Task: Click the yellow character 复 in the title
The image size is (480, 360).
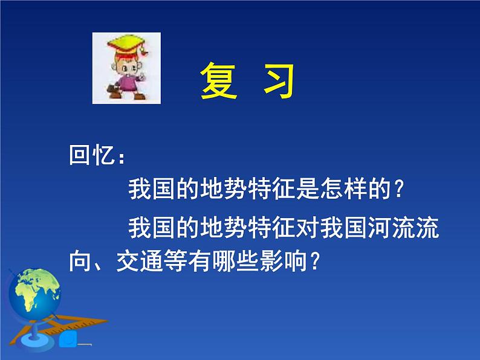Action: click(x=219, y=81)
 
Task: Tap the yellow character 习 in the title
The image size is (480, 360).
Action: click(x=279, y=81)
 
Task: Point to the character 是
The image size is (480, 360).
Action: click(x=308, y=188)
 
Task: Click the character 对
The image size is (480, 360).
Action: click(x=308, y=228)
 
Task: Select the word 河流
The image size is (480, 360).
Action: click(x=392, y=228)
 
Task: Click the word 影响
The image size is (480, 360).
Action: click(x=284, y=261)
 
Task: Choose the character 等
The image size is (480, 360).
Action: click(x=175, y=261)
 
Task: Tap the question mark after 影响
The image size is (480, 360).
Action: click(x=314, y=262)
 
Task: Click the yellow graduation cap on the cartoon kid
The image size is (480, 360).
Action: click(x=128, y=43)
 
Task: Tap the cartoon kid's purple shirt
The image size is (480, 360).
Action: click(x=128, y=83)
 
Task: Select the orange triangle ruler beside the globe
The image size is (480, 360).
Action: click(x=58, y=329)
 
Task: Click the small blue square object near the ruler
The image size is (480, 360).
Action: click(x=68, y=338)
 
